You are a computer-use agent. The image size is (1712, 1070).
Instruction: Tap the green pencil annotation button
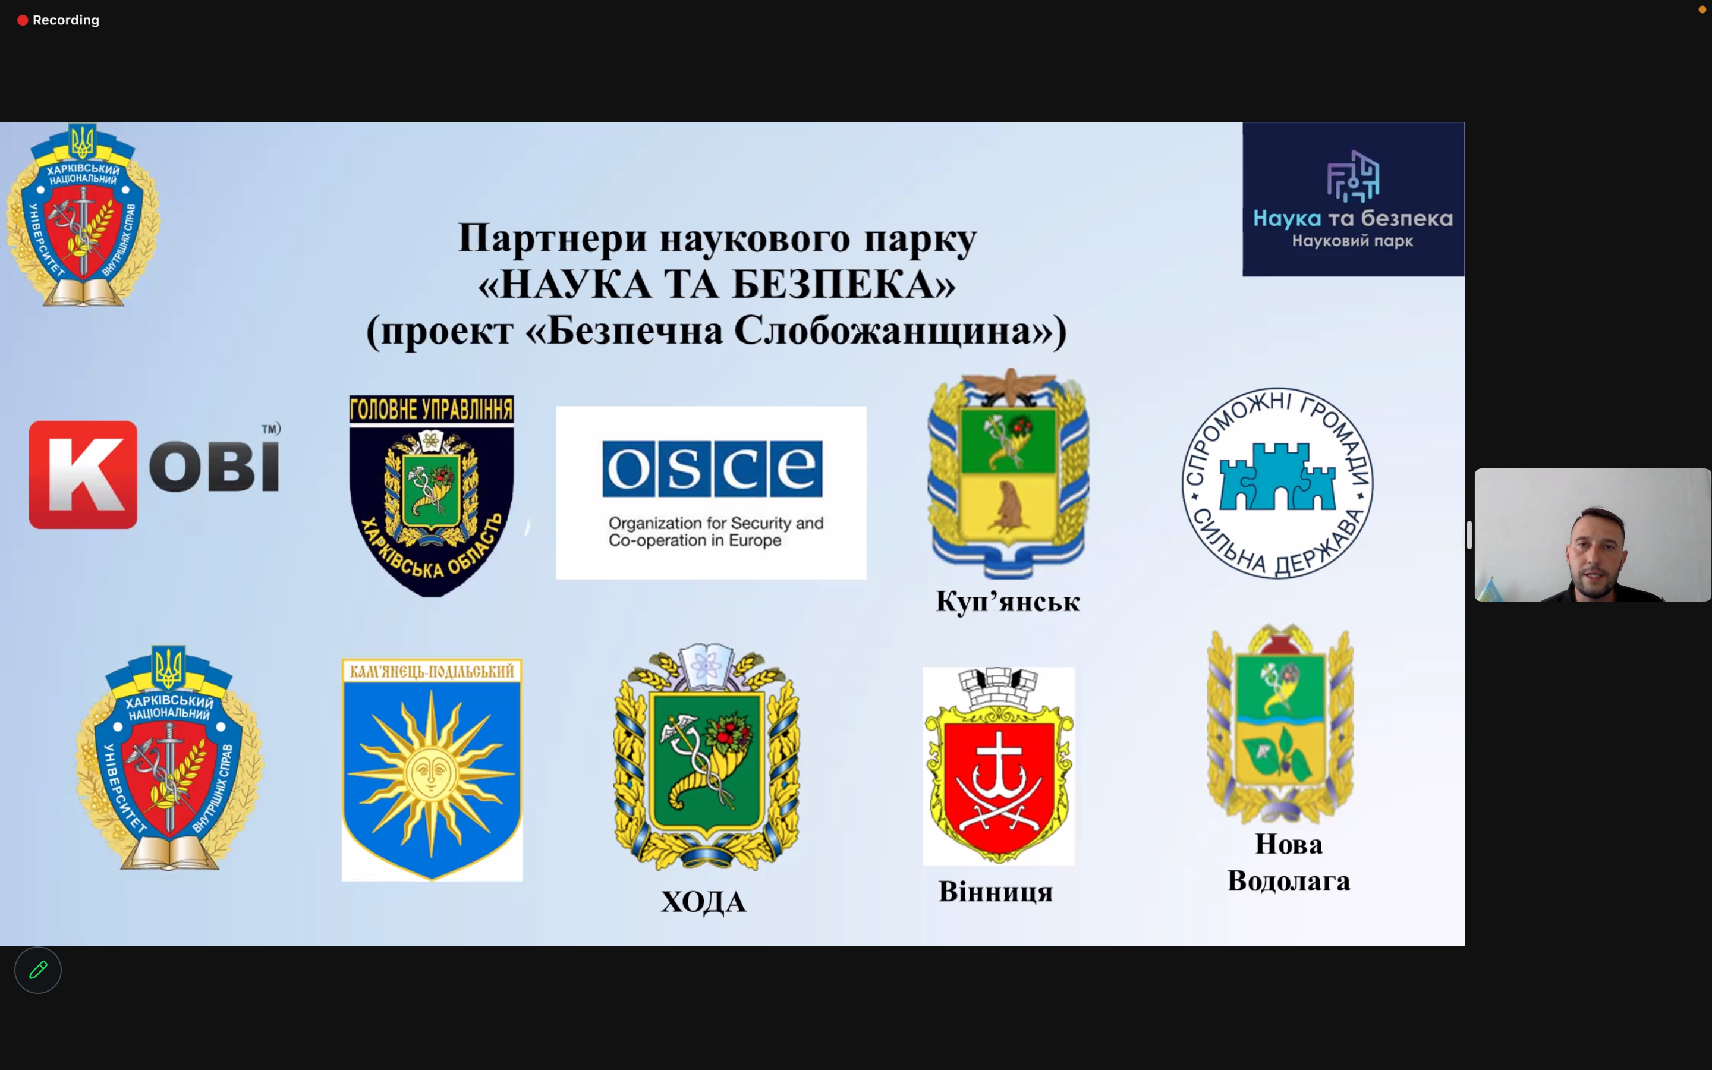[38, 970]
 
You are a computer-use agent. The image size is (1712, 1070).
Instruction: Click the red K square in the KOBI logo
[83, 475]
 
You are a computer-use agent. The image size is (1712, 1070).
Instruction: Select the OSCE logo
[711, 493]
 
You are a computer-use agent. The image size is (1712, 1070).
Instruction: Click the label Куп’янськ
[1008, 602]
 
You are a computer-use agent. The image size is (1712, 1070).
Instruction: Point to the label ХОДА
[703, 902]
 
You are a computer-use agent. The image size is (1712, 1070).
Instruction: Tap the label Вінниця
[995, 892]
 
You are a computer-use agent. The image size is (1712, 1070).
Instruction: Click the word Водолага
[1288, 881]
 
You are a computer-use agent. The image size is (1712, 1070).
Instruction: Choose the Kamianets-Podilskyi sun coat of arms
[432, 770]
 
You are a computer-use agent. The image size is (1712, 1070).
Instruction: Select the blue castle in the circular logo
[1277, 476]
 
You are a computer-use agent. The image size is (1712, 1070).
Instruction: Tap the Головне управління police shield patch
[432, 495]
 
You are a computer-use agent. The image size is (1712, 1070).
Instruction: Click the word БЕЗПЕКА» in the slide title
[844, 285]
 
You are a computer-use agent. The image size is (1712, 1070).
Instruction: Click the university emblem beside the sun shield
[169, 757]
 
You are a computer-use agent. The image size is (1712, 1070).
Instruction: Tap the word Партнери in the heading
[552, 238]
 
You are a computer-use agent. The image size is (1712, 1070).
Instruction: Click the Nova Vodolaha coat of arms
[1280, 724]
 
